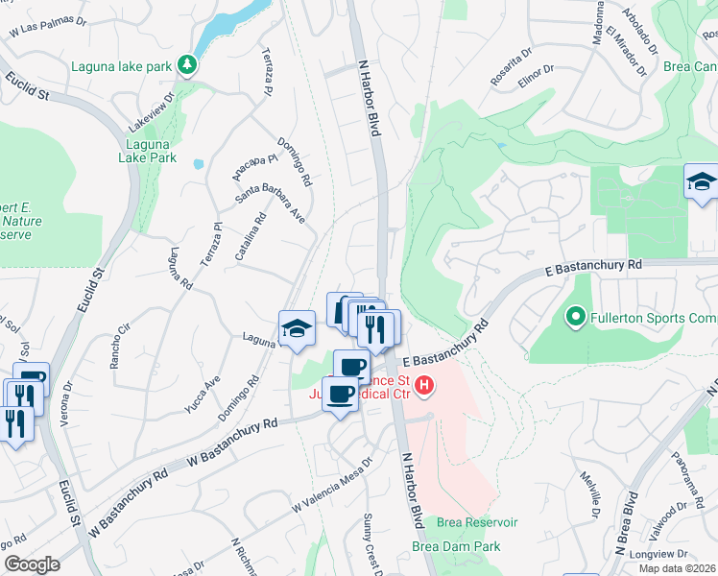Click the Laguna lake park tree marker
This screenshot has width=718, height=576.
click(190, 65)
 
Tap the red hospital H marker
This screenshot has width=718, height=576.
click(423, 388)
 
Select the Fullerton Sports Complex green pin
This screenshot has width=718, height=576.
click(575, 315)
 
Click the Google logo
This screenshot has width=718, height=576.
click(33, 564)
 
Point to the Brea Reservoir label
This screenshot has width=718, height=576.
click(477, 522)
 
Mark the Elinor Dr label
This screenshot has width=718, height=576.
click(536, 76)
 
